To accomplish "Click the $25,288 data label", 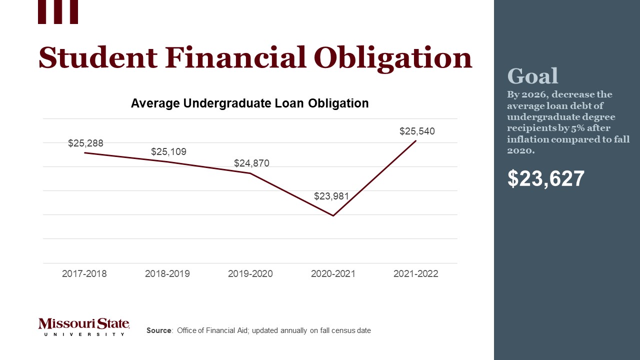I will (85, 143).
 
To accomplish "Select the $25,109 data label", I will (168, 152).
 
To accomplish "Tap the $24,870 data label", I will (251, 163).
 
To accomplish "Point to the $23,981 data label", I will (331, 196).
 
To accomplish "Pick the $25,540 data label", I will (417, 131).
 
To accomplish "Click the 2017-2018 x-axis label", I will (84, 274).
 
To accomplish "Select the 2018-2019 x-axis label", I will (167, 274).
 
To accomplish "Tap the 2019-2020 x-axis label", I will (250, 274).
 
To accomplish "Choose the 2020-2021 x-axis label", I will (333, 274).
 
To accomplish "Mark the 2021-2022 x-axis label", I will (416, 274).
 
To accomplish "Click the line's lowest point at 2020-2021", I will (333, 215).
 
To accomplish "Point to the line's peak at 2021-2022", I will (415, 141).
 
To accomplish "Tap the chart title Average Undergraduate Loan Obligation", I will (249, 103).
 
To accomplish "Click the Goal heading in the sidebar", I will (532, 76).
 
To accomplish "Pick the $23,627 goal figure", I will (545, 178).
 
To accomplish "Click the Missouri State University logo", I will (83, 326).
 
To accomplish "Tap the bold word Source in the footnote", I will (159, 330).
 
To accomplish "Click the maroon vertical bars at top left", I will (58, 11).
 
